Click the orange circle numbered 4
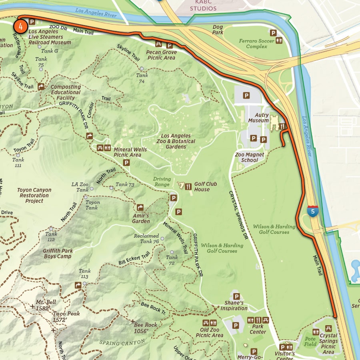click(20, 26)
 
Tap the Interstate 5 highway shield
click(313, 211)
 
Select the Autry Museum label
click(258, 118)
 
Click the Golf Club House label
click(205, 187)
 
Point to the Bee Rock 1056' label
click(146, 328)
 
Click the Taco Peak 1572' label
click(66, 316)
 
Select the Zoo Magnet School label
click(250, 157)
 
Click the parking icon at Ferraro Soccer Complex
click(274, 33)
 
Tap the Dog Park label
click(218, 30)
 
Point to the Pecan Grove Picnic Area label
click(161, 55)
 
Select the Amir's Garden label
click(141, 218)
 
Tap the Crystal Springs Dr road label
click(239, 214)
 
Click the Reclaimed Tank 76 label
click(146, 238)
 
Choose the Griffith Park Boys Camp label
click(58, 254)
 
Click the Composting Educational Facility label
click(66, 92)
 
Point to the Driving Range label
click(162, 182)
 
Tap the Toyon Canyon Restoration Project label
click(34, 196)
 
